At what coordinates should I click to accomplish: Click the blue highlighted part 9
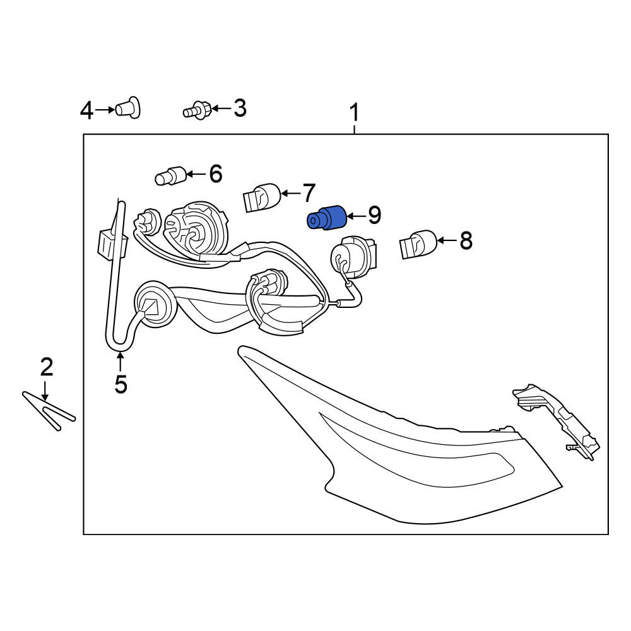coord(326,218)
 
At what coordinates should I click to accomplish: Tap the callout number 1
coord(354,113)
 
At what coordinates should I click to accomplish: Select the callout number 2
coord(46,367)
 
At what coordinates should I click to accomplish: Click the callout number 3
coord(240,108)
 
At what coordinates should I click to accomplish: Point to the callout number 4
coord(87,110)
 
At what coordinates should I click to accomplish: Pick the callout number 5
coord(121,384)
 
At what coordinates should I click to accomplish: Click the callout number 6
coord(216,174)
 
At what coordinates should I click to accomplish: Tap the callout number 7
coord(309,193)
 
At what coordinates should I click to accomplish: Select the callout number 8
coord(466,240)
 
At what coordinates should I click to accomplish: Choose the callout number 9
coord(374,216)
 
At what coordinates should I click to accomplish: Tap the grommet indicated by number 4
coord(128,107)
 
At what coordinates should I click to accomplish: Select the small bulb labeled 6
coord(170,176)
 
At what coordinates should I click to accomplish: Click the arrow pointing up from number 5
coord(121,362)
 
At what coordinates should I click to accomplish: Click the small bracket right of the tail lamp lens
coord(557,421)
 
